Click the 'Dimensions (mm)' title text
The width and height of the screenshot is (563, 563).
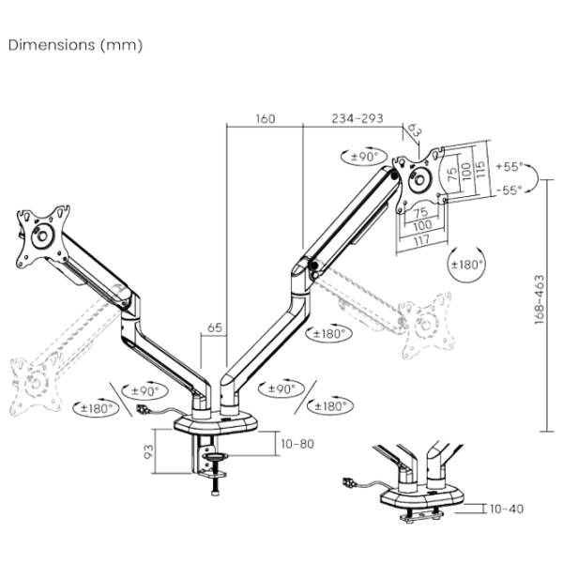[x=76, y=45]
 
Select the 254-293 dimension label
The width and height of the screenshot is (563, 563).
[x=357, y=120]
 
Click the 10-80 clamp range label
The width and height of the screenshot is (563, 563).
[x=297, y=441]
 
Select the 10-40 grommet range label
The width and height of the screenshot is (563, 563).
[x=507, y=509]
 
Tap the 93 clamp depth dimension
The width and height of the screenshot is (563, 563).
[x=150, y=451]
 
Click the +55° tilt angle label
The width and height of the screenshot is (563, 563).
[x=511, y=166]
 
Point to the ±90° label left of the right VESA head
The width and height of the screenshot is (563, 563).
[x=361, y=156]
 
